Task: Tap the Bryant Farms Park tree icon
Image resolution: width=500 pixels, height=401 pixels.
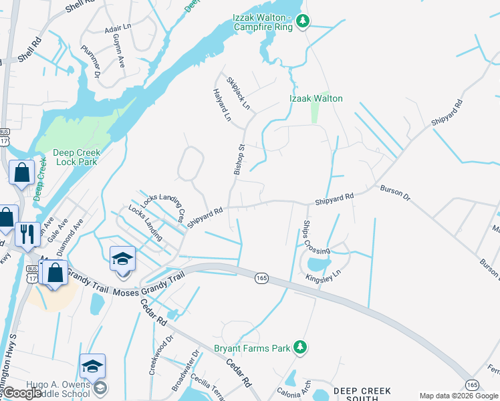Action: (301, 347)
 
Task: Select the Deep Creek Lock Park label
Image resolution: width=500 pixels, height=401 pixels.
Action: (67, 157)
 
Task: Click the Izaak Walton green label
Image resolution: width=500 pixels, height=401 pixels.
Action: (316, 98)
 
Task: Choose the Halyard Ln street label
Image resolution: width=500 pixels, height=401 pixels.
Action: (221, 105)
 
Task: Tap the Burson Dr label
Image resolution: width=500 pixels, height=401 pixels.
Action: (392, 191)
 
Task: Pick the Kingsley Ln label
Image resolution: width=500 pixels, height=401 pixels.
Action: (323, 273)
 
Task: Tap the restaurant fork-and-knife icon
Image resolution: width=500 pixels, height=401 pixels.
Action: (27, 234)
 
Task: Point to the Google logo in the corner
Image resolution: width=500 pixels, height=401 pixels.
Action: (21, 393)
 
